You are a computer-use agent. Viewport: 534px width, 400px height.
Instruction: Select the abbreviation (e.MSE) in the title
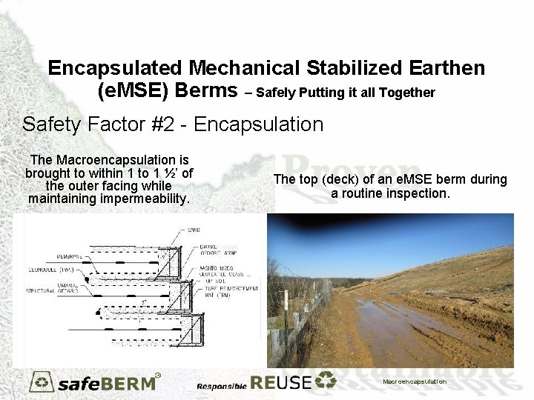133,91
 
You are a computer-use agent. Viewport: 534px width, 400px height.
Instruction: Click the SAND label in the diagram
194,230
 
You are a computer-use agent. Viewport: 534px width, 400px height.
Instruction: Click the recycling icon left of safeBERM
42,381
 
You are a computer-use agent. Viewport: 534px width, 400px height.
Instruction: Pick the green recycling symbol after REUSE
326,381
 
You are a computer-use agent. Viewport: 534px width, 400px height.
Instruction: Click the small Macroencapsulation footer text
415,381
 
